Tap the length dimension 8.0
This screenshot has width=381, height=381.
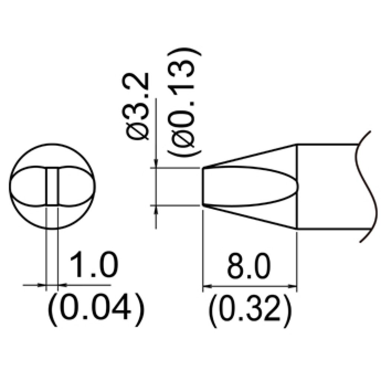pos(249,265)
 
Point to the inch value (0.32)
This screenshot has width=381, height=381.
pos(249,307)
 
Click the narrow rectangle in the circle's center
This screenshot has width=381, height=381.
pos(52,186)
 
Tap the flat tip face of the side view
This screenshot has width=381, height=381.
pos(202,186)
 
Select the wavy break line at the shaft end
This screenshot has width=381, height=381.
pos(363,186)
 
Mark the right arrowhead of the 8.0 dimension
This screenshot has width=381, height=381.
pos(294,286)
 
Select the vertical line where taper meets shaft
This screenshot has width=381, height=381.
pos(297,186)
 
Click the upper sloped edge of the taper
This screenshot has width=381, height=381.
pos(249,156)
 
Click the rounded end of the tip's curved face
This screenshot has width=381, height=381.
pos(296,186)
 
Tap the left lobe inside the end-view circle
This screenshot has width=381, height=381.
pos(28,186)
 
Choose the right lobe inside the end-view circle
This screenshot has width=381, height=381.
pos(76,186)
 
